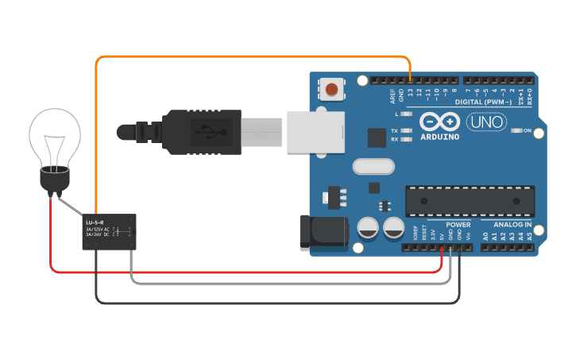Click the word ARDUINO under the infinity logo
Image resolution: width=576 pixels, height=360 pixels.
click(439, 137)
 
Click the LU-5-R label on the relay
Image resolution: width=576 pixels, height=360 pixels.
click(95, 222)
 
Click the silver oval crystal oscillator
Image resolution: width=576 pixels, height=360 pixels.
click(371, 167)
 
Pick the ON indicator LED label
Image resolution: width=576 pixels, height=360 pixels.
click(528, 130)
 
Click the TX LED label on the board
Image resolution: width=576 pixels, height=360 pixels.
click(394, 130)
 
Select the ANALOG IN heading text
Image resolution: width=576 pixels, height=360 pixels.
click(506, 225)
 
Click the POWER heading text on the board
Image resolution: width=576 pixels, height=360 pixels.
click(458, 225)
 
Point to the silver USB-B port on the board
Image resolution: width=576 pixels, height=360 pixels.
click(315, 131)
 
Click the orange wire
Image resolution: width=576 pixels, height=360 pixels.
click(238, 57)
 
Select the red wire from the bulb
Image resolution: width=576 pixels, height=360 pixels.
click(238, 272)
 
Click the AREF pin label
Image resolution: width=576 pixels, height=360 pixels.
click(392, 96)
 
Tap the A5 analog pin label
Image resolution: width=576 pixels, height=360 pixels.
click(530, 236)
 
